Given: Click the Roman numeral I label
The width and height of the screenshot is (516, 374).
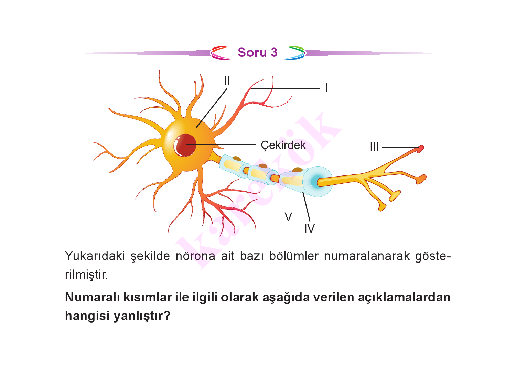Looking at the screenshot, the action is click(x=326, y=88).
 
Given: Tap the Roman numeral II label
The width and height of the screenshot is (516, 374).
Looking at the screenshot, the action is click(x=227, y=81).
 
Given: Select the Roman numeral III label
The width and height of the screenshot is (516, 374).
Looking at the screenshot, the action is click(x=374, y=147).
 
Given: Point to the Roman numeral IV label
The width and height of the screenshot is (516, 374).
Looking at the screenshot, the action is click(x=309, y=228).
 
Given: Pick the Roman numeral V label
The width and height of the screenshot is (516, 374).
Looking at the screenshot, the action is click(x=288, y=217).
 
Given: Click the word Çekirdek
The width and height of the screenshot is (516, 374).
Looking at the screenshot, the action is click(x=283, y=145).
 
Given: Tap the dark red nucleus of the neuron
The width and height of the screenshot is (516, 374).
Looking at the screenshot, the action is click(x=185, y=145).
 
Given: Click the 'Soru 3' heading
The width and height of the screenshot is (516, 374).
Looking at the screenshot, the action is click(x=258, y=52).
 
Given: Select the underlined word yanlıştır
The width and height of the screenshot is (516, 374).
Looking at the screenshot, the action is click(x=138, y=316).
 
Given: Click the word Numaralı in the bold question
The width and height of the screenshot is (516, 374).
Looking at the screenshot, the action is click(x=93, y=297).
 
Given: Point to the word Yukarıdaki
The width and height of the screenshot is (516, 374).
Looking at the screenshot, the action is click(x=95, y=256).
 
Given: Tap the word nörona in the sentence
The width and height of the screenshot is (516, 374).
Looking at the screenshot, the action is click(x=195, y=256).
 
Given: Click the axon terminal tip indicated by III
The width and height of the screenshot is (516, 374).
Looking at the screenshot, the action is click(x=421, y=148).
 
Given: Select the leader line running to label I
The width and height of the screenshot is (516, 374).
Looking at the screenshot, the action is click(x=286, y=88).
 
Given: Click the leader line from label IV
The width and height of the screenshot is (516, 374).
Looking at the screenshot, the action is click(x=307, y=206).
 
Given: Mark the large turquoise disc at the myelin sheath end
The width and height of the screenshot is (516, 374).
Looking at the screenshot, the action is click(x=318, y=182).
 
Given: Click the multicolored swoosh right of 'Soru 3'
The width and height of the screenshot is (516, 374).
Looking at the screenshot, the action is click(x=295, y=53).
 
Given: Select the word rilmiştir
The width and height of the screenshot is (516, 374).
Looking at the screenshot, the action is click(x=86, y=275).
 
